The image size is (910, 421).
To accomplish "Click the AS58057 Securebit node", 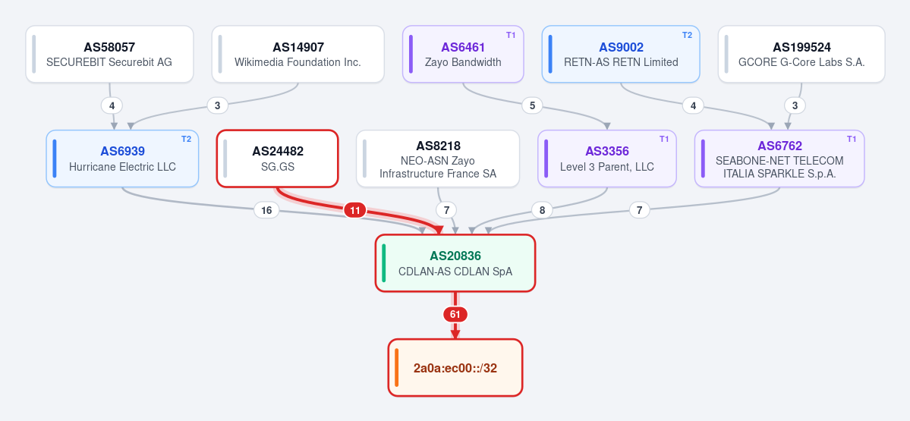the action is click(x=110, y=54).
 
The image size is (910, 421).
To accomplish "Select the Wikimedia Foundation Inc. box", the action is click(x=298, y=54).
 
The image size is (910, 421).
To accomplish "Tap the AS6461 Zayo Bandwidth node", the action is click(x=463, y=54).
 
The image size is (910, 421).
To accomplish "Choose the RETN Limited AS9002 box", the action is click(x=621, y=54).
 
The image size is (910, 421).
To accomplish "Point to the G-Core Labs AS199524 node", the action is click(x=801, y=54).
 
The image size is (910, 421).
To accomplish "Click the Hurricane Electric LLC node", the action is click(x=122, y=159).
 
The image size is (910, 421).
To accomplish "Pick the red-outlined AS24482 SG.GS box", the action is click(x=278, y=159).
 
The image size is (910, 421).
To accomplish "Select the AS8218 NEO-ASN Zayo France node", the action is click(x=438, y=159).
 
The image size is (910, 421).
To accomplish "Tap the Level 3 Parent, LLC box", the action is click(x=607, y=159).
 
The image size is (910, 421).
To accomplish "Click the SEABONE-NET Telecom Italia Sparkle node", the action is click(x=779, y=159).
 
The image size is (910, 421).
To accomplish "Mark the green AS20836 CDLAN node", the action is click(x=455, y=262).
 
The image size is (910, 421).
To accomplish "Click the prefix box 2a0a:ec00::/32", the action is click(x=455, y=368).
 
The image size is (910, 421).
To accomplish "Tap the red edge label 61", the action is click(x=455, y=315).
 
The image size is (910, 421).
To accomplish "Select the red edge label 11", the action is click(x=355, y=210).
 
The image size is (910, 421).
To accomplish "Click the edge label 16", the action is click(x=266, y=211).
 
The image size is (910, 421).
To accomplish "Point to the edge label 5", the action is click(x=532, y=105).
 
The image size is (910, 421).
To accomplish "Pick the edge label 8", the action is click(x=542, y=211).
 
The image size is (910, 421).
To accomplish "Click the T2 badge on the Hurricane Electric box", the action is click(x=186, y=139).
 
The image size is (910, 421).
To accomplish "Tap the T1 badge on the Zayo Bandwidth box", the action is click(x=511, y=35).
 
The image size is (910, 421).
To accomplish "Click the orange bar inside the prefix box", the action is click(x=396, y=368).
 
